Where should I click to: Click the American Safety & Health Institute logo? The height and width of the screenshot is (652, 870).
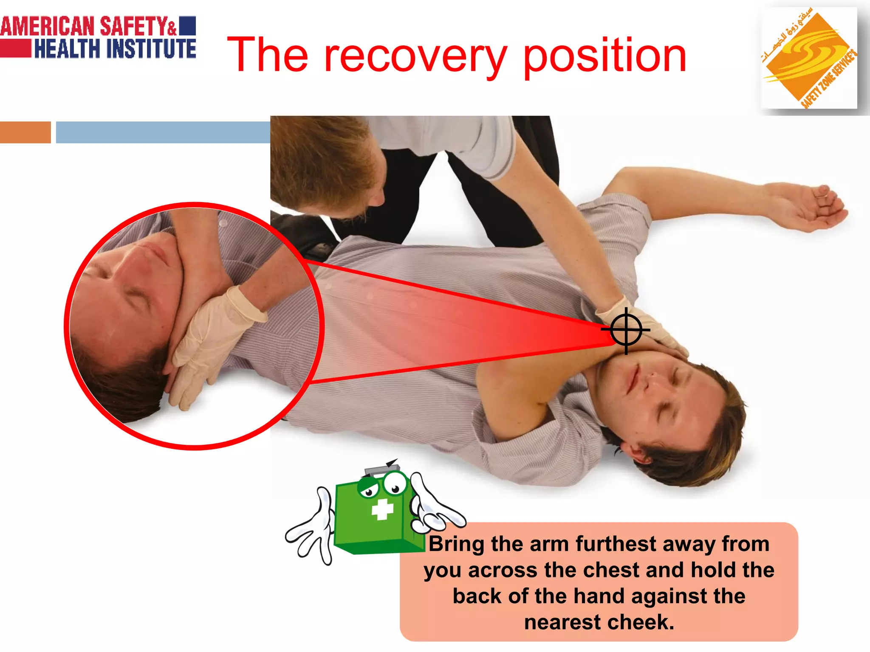tap(98, 37)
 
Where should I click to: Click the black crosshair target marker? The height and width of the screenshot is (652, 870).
tap(626, 330)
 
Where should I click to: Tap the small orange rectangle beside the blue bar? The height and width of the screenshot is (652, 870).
tap(25, 132)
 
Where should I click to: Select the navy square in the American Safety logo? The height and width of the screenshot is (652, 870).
tap(187, 26)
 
